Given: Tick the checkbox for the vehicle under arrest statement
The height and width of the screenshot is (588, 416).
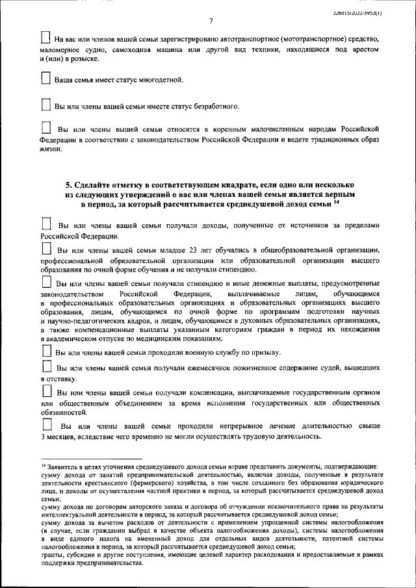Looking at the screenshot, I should coord(45,37).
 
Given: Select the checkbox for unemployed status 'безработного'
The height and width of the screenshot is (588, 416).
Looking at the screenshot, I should coord(45,104).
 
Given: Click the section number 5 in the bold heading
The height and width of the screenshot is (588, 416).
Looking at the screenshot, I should coord(68,185).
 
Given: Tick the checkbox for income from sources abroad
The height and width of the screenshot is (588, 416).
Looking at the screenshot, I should coord(45,224).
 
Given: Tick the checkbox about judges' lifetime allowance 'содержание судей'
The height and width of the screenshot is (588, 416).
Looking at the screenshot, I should coord(45,367).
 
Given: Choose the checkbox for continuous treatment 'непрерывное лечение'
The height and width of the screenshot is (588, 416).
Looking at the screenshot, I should coord(45,424).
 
